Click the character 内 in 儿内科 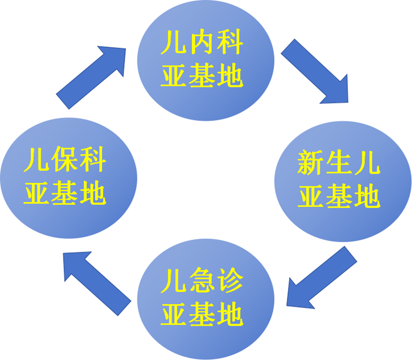202,43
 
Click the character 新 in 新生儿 312,164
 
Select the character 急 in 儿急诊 202,283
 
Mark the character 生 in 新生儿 340,164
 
